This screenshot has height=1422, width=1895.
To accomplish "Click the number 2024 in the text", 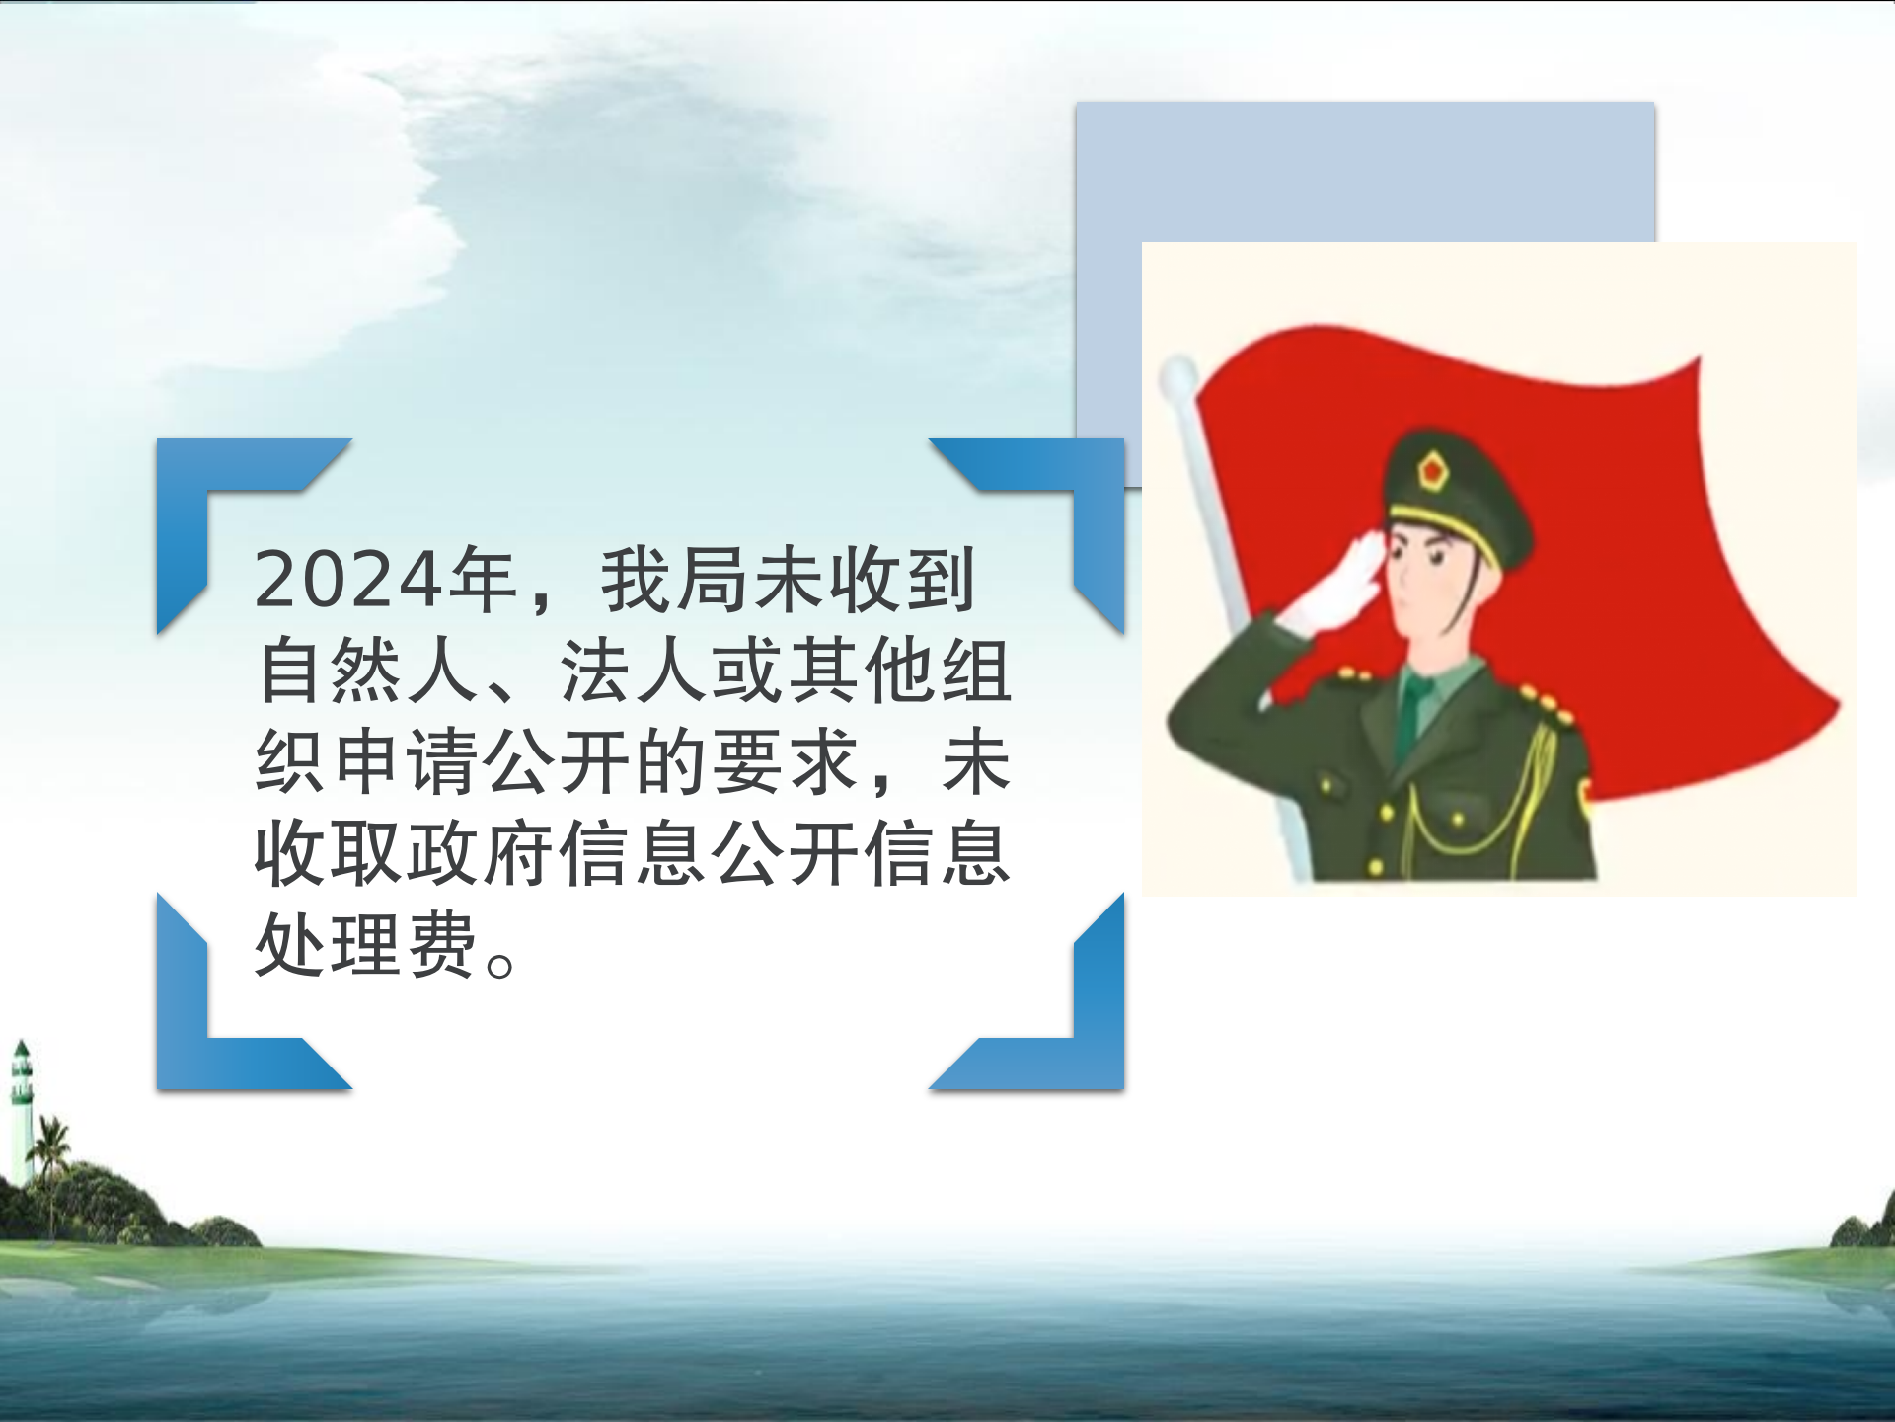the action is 347,580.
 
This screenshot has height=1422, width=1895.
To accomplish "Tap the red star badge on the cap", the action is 1432,469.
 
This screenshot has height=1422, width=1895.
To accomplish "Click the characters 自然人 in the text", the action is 368,671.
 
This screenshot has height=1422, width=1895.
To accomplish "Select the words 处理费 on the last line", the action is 367,945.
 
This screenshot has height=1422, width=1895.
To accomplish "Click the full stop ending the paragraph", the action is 500,964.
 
